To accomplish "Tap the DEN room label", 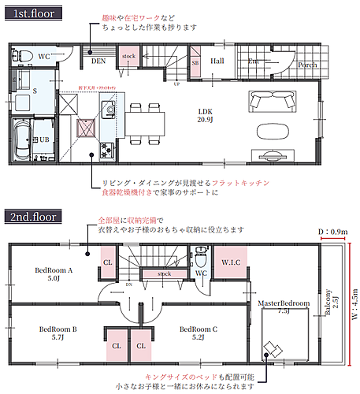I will pos(98,60).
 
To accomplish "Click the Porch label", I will pos(306,65).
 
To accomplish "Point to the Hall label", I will pos(217,60).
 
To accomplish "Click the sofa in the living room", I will pos(272,101).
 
